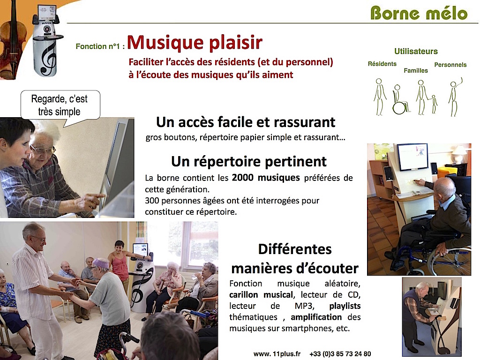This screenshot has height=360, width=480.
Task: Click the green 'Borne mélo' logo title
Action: click(419, 13)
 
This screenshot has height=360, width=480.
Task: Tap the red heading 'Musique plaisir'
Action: click(195, 43)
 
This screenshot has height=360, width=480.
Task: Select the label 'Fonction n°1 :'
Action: click(100, 46)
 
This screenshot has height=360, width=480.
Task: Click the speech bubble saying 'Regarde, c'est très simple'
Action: click(60, 105)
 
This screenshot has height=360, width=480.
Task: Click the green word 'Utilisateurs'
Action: click(416, 51)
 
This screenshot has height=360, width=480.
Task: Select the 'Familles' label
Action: click(416, 71)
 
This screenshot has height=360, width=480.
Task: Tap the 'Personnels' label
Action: click(450, 65)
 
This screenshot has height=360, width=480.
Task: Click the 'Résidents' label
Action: click(382, 64)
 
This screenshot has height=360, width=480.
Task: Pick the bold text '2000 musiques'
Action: click(266, 178)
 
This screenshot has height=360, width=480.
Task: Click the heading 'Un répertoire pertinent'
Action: click(249, 161)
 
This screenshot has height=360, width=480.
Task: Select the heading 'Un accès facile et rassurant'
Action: click(246, 122)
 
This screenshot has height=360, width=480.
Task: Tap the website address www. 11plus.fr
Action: click(277, 354)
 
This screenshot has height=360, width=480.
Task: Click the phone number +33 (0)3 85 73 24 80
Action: click(340, 354)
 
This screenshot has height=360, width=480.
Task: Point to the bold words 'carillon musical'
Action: click(261, 295)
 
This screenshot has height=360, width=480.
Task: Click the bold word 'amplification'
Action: click(316, 317)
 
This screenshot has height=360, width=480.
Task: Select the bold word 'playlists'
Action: click(345, 306)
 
